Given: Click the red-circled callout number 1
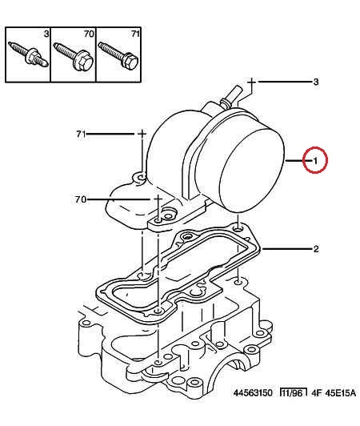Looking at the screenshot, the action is pyautogui.click(x=315, y=161).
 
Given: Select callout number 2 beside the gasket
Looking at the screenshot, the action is pyautogui.click(x=316, y=248).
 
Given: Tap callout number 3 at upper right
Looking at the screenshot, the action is pyautogui.click(x=316, y=82).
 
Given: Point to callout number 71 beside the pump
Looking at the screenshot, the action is pyautogui.click(x=81, y=134).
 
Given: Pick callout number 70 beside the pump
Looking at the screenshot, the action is pyautogui.click(x=81, y=199).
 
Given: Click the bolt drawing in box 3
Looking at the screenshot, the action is pyautogui.click(x=29, y=55).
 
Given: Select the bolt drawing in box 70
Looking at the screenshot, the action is pyautogui.click(x=74, y=56).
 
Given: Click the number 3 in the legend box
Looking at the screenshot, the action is pyautogui.click(x=46, y=34).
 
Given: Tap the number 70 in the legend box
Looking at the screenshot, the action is pyautogui.click(x=89, y=34).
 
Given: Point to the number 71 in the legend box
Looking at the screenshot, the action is pyautogui.click(x=135, y=34).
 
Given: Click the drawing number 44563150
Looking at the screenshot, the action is pyautogui.click(x=253, y=393).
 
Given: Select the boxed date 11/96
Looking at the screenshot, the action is pyautogui.click(x=293, y=393).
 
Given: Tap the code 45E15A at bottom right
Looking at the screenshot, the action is pyautogui.click(x=340, y=393).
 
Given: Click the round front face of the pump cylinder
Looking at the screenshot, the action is pyautogui.click(x=251, y=171).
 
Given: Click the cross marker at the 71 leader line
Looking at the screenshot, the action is pyautogui.click(x=142, y=134).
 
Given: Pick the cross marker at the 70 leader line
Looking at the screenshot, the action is pyautogui.click(x=158, y=199).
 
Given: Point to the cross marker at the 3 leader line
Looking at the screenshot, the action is pyautogui.click(x=252, y=82).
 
